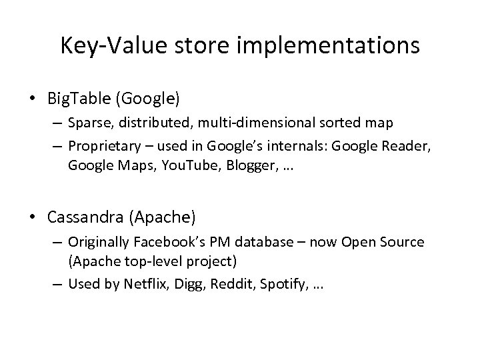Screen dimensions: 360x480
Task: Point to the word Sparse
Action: coord(89,123)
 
